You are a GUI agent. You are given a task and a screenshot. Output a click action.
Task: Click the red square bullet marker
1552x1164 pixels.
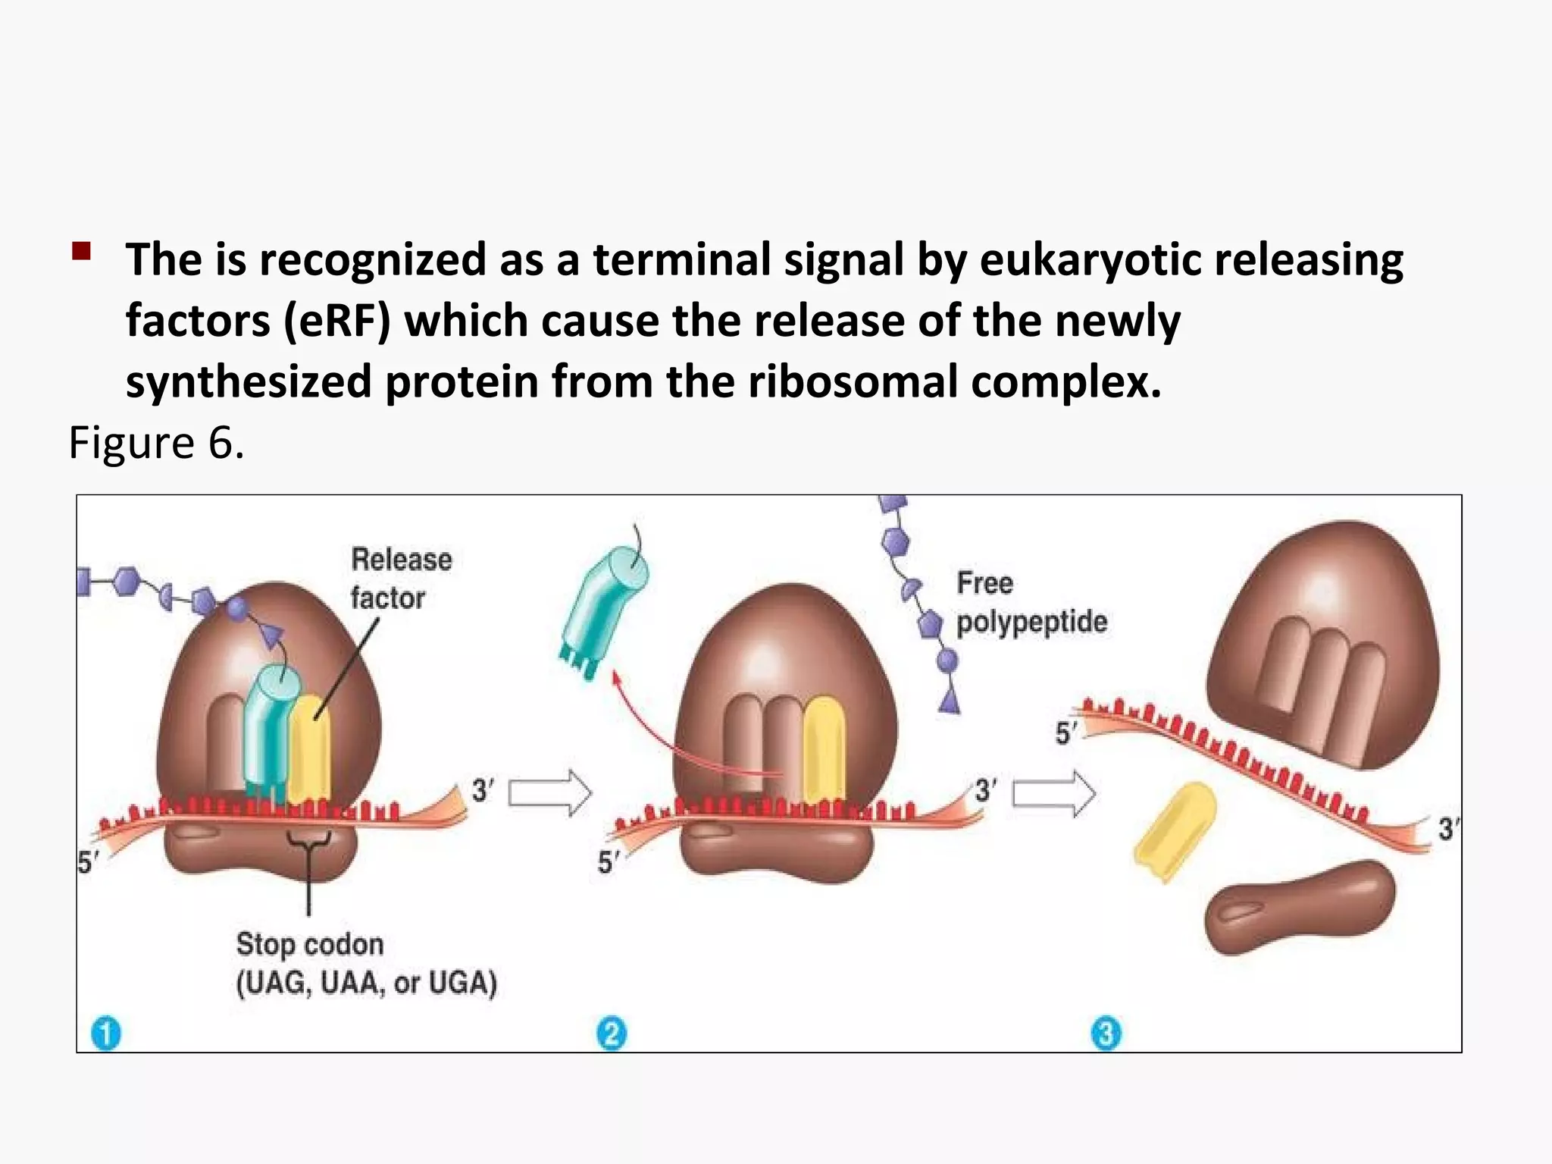tap(81, 251)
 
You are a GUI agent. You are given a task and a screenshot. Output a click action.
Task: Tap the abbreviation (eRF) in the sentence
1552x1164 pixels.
tap(336, 321)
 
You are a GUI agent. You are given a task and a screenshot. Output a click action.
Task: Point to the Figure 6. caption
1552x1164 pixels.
tap(156, 442)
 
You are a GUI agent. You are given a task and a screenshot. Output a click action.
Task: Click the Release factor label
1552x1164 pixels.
tap(400, 578)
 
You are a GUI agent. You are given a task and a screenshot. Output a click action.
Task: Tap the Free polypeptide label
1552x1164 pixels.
tap(1031, 602)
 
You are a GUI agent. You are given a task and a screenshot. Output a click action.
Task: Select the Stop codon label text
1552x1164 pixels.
tap(310, 944)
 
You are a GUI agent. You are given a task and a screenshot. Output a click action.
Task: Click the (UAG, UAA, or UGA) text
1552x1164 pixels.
tap(367, 983)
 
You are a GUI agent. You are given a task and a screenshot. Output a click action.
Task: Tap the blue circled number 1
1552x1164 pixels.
tap(106, 1034)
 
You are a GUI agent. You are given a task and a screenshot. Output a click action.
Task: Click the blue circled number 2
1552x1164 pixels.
tap(612, 1034)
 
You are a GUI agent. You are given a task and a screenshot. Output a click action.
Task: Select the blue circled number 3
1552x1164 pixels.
tap(1106, 1034)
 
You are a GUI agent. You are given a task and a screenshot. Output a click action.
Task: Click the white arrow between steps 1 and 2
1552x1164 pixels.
tap(549, 793)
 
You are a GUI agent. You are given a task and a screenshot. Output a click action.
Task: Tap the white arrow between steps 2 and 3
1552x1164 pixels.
tap(1054, 793)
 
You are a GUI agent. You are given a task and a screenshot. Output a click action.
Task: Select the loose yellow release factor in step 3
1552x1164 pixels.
tap(1174, 831)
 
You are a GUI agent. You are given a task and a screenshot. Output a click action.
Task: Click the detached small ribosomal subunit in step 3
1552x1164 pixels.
tap(1298, 906)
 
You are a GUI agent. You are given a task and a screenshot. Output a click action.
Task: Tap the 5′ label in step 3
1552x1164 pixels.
tap(1066, 733)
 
